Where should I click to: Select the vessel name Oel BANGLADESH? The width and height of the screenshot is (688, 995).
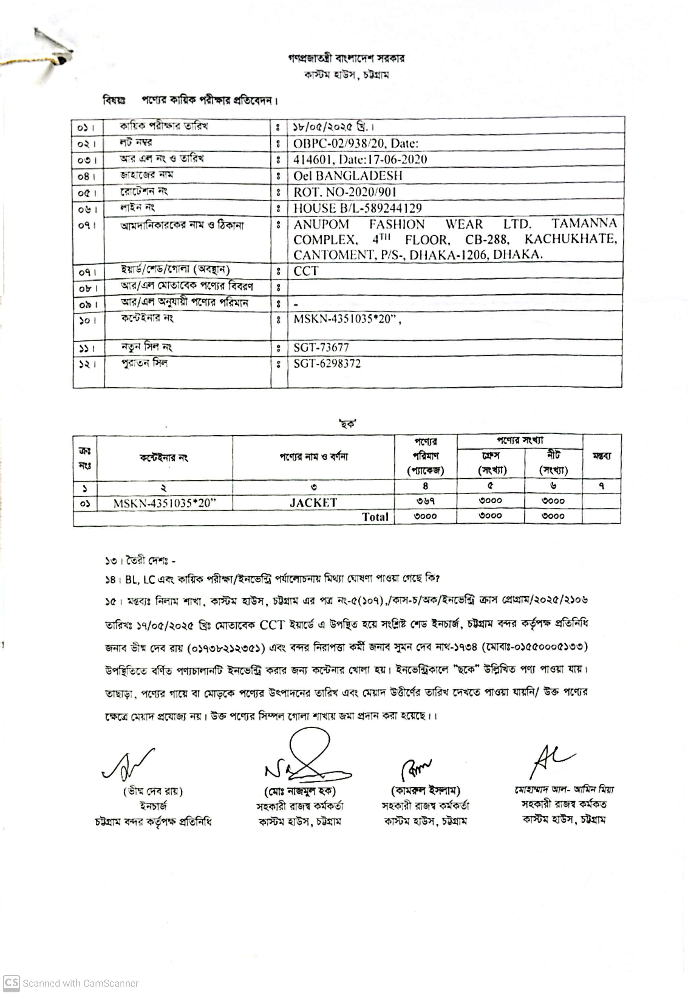(x=347, y=176)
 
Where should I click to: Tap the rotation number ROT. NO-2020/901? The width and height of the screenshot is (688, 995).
(x=344, y=192)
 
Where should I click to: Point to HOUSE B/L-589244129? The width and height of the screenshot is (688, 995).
(x=357, y=208)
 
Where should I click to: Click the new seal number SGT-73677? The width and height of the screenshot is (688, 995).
(x=321, y=347)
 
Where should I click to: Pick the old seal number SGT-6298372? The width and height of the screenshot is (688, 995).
(x=327, y=363)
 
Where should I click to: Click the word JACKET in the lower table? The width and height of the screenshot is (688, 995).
(x=313, y=503)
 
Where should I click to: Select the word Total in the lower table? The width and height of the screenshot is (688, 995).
(x=375, y=517)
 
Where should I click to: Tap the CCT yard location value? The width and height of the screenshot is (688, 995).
(x=306, y=271)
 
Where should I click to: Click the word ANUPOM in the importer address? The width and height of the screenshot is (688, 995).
(x=321, y=224)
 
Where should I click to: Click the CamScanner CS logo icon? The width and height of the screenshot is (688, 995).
(x=11, y=983)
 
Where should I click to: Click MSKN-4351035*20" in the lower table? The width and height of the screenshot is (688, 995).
(x=164, y=503)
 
